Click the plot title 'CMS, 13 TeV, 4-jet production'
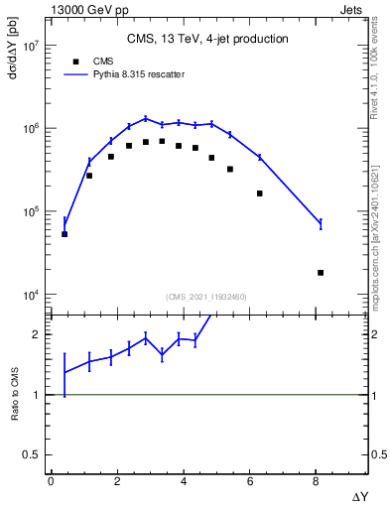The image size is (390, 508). [x=208, y=40]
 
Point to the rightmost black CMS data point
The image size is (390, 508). [x=321, y=273]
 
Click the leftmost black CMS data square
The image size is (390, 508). [x=65, y=234]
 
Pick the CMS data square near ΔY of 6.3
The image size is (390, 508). [x=260, y=193]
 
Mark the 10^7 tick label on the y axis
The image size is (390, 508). [x=30, y=47]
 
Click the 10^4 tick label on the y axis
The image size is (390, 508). [x=30, y=295]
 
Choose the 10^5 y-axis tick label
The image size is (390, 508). [x=30, y=212]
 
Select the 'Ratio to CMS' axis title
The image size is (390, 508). [x=15, y=393]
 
